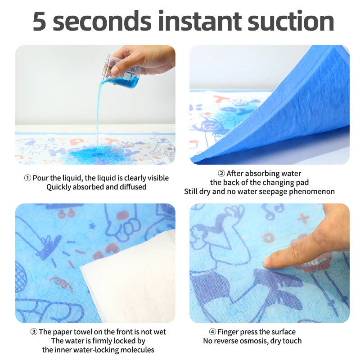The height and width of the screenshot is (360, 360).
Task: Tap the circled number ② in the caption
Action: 221,174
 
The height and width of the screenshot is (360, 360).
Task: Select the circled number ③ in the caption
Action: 34,332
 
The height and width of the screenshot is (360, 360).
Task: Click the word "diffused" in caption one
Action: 133,187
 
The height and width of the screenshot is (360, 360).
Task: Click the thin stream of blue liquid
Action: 97,112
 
